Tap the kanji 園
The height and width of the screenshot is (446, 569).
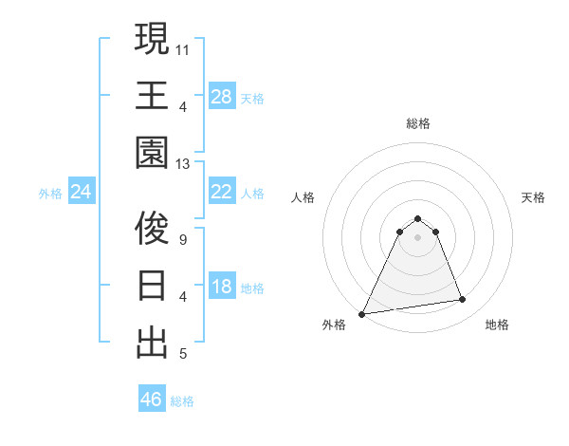tap(152, 153)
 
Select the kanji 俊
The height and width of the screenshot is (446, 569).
tap(152, 228)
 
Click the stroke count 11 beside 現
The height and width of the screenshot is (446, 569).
tap(184, 48)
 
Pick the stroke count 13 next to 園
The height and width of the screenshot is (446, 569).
tap(184, 164)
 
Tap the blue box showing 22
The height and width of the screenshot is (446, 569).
tap(221, 193)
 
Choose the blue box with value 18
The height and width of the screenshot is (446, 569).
tap(221, 287)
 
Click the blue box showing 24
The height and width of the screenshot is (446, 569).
tap(81, 193)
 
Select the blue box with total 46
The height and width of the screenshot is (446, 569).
tap(151, 399)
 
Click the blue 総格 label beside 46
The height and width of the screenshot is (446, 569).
tap(182, 401)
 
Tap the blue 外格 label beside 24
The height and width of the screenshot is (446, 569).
tap(50, 194)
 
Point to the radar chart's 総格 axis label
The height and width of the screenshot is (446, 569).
tap(417, 123)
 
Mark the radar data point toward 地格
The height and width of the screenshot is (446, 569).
tap(463, 300)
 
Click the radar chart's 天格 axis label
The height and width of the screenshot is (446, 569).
tap(533, 197)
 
